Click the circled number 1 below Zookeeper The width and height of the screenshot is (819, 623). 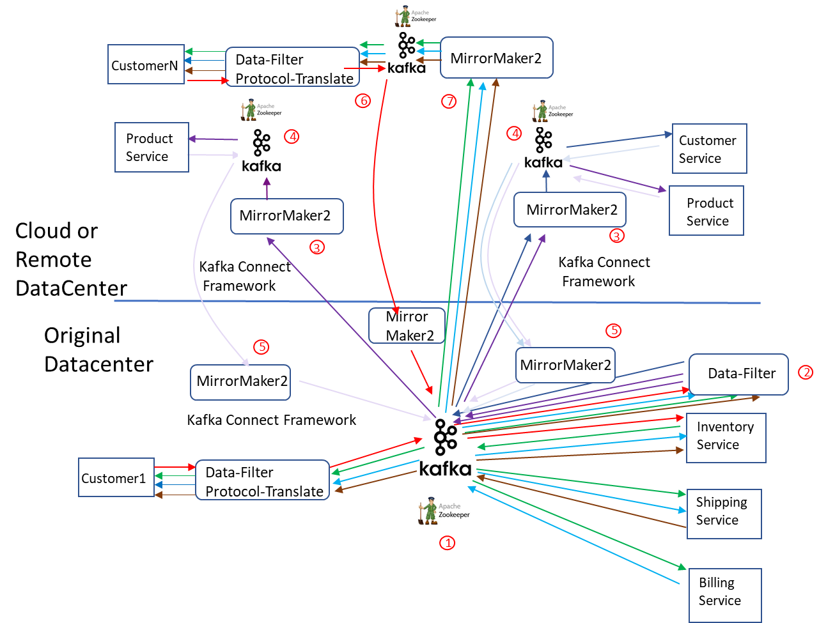pyautogui.click(x=447, y=543)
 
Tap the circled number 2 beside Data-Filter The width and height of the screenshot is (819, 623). pyautogui.click(x=806, y=373)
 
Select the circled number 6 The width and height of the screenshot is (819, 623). pyautogui.click(x=363, y=100)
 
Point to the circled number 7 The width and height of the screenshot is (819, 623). pyautogui.click(x=449, y=101)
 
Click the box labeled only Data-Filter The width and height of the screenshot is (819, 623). pyautogui.click(x=738, y=374)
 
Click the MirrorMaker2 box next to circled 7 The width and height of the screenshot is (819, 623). pyautogui.click(x=496, y=58)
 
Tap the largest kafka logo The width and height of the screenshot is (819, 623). pyautogui.click(x=445, y=447)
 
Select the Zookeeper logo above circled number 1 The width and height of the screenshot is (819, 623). pyautogui.click(x=443, y=511)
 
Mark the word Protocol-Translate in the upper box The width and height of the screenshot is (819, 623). pyautogui.click(x=294, y=79)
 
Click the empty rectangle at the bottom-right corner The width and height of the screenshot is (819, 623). pyautogui.click(x=725, y=594)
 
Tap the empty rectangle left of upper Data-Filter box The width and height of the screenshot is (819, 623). pyautogui.click(x=146, y=64)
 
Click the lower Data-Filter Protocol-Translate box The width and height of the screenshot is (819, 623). pyautogui.click(x=262, y=481)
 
